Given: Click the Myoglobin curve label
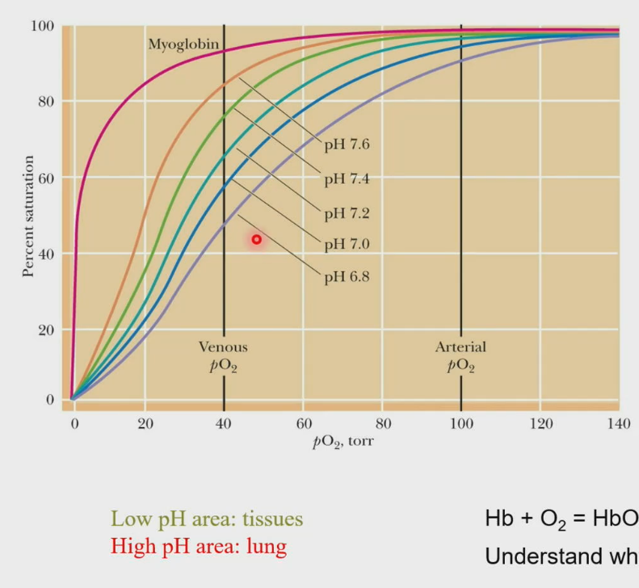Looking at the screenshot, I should [x=183, y=44].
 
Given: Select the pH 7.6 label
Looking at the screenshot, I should [x=347, y=145].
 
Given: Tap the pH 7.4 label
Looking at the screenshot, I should [x=347, y=178].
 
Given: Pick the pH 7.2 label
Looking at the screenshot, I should [x=347, y=213].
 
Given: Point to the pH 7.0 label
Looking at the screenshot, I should [x=347, y=244].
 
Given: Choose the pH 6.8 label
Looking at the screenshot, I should [x=347, y=277].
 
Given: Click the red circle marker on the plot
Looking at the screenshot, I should [x=257, y=239].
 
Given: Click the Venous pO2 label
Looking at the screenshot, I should [x=223, y=356].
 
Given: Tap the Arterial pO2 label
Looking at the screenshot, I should [x=460, y=356].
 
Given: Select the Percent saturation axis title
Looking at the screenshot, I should [x=28, y=216].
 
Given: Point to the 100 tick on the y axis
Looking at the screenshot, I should [x=42, y=26].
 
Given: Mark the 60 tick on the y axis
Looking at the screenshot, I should [x=45, y=178].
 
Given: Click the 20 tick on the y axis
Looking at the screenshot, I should [x=45, y=330].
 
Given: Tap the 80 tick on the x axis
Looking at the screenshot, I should [x=383, y=424].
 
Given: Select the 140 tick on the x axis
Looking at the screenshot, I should [x=618, y=424].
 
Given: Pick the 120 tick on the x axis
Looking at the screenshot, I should [x=540, y=424].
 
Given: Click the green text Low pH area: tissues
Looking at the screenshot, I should [x=207, y=519].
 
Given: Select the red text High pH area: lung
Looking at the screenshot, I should [x=199, y=547].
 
